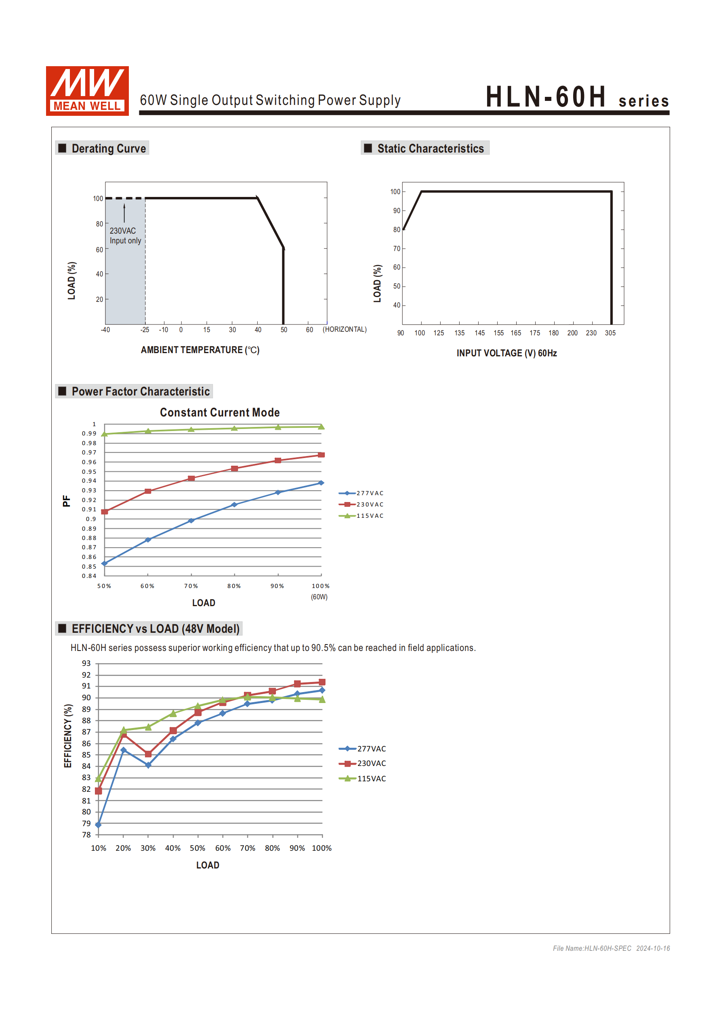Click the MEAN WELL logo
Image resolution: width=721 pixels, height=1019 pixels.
click(87, 91)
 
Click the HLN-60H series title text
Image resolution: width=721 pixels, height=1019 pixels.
click(577, 97)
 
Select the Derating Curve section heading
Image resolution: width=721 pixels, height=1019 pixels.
click(108, 148)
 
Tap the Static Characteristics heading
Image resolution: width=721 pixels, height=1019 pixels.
click(430, 148)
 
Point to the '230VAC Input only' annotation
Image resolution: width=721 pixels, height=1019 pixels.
click(125, 236)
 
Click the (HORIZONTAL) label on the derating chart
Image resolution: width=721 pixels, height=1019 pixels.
click(344, 329)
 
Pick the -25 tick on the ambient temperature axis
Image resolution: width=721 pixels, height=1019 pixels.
click(145, 330)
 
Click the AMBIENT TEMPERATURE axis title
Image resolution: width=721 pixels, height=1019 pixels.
click(200, 350)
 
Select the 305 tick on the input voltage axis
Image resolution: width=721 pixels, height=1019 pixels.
click(610, 333)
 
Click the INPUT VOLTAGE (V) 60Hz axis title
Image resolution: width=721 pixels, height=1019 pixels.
click(507, 353)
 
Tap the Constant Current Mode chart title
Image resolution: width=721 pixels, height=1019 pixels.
click(219, 412)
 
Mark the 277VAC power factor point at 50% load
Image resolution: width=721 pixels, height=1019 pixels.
click(104, 563)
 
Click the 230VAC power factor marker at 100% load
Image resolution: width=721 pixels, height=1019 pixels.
click(321, 455)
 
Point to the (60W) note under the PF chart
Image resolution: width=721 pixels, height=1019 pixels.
click(319, 597)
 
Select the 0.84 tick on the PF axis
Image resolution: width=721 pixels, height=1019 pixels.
click(89, 576)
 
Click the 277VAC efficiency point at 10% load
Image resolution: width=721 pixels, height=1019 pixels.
click(98, 825)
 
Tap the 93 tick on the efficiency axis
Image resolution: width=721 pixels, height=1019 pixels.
click(86, 663)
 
